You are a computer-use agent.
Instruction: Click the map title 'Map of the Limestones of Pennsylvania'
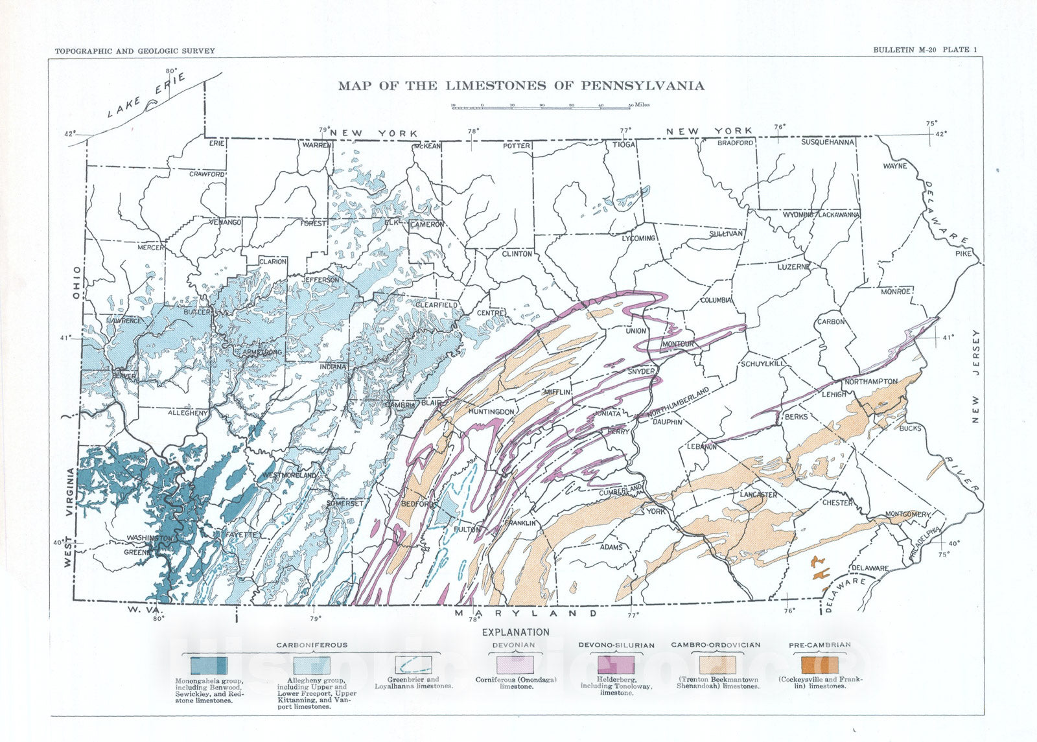click(520, 86)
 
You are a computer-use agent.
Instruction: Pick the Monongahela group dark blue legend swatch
click(209, 666)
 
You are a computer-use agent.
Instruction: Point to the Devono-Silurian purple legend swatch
click(616, 665)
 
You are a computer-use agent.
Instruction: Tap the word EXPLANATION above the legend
click(515, 632)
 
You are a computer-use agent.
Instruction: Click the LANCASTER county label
click(758, 494)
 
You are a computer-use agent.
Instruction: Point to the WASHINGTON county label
click(150, 538)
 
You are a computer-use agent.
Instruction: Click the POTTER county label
click(517, 146)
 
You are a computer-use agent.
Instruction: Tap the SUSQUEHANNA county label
click(828, 142)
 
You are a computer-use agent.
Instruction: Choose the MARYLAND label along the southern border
click(526, 613)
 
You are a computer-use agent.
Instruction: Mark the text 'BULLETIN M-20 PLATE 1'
click(924, 50)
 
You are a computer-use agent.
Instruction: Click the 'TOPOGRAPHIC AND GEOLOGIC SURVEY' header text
click(135, 51)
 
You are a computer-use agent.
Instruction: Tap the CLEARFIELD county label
click(436, 305)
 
